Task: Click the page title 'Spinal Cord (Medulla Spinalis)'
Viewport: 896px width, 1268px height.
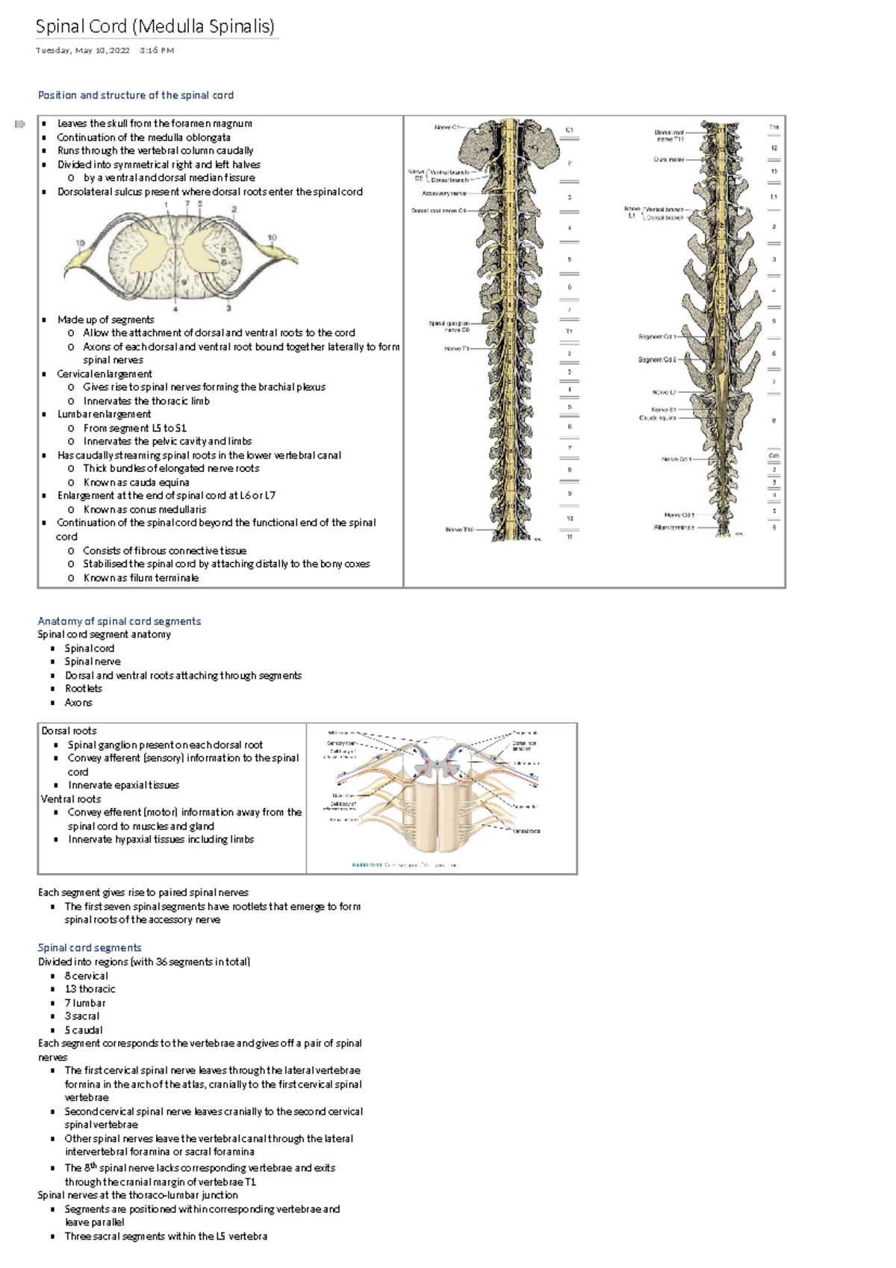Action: pyautogui.click(x=155, y=27)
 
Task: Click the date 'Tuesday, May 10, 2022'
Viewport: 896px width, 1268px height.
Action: pyautogui.click(x=83, y=51)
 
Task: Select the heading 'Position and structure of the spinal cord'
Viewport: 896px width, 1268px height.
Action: pyautogui.click(x=136, y=95)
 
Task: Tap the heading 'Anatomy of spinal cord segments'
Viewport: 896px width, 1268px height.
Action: pyautogui.click(x=119, y=621)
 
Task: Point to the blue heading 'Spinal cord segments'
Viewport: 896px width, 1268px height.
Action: pyautogui.click(x=90, y=947)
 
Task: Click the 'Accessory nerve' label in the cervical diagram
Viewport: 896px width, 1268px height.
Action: pyautogui.click(x=444, y=193)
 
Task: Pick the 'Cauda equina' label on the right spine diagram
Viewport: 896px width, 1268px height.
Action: pyautogui.click(x=657, y=418)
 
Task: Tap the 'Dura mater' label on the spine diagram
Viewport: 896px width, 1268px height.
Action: pyautogui.click(x=670, y=159)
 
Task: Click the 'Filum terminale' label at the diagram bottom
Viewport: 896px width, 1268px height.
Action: pyautogui.click(x=673, y=527)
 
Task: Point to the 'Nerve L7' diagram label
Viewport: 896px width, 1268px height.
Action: pyautogui.click(x=664, y=392)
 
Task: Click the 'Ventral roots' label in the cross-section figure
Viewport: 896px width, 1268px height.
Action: pyautogui.click(x=526, y=830)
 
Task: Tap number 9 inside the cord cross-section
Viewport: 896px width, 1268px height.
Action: pyautogui.click(x=184, y=283)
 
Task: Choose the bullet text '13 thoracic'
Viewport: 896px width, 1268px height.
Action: pyautogui.click(x=90, y=989)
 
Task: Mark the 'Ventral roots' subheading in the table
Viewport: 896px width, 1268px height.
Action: pyautogui.click(x=71, y=798)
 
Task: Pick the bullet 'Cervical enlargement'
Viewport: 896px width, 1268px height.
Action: pyautogui.click(x=105, y=373)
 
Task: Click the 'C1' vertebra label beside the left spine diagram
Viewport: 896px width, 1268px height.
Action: pyautogui.click(x=569, y=130)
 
